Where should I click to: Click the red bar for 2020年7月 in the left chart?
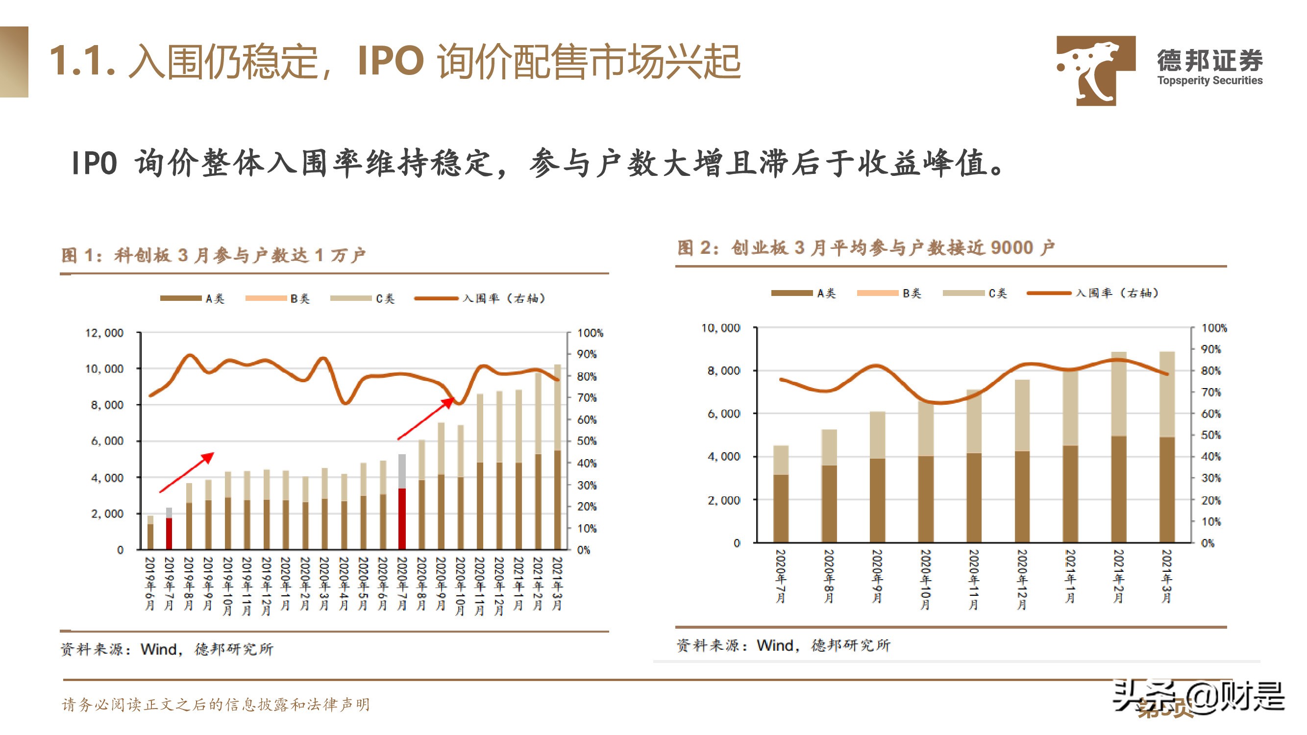coord(402,518)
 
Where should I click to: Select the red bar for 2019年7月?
coord(169,533)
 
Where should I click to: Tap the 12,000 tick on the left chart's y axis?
coord(104,333)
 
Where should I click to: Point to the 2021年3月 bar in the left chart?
coord(558,457)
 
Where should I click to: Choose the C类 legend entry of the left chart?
coord(362,299)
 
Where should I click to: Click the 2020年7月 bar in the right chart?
coord(781,494)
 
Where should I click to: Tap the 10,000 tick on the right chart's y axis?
coord(720,328)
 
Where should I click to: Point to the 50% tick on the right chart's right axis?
coord(1210,435)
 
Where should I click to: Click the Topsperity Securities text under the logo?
coord(1209,81)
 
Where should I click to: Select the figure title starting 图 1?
coord(213,255)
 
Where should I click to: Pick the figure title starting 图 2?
coord(865,248)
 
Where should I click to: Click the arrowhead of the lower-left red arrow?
coord(209,457)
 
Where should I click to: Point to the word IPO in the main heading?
coord(390,61)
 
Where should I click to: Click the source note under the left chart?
coord(167,649)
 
